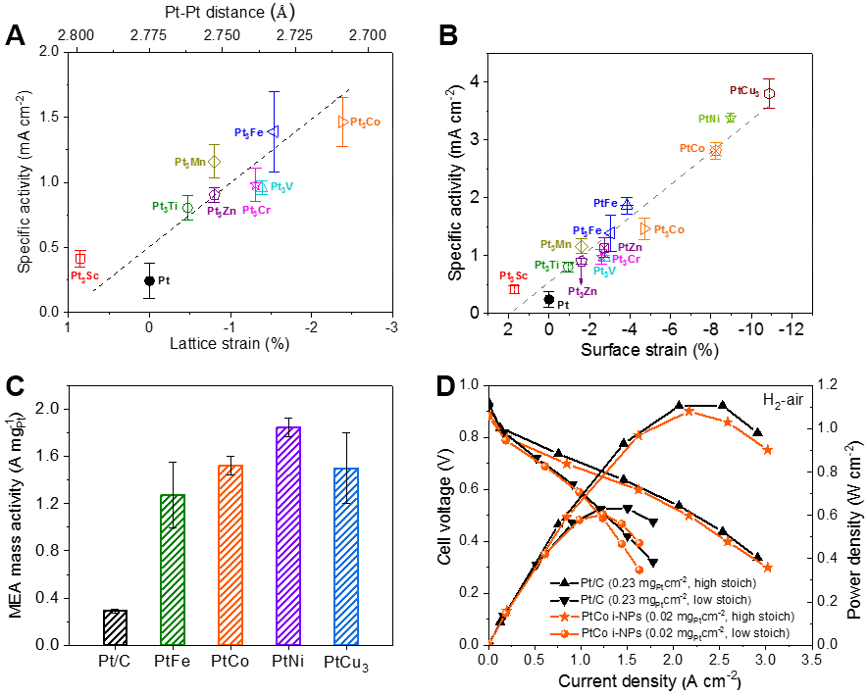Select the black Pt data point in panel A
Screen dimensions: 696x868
point(149,280)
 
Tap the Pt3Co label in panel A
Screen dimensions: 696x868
point(365,123)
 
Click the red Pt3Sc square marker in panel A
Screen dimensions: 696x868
point(80,259)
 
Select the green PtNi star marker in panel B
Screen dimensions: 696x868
point(730,118)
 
